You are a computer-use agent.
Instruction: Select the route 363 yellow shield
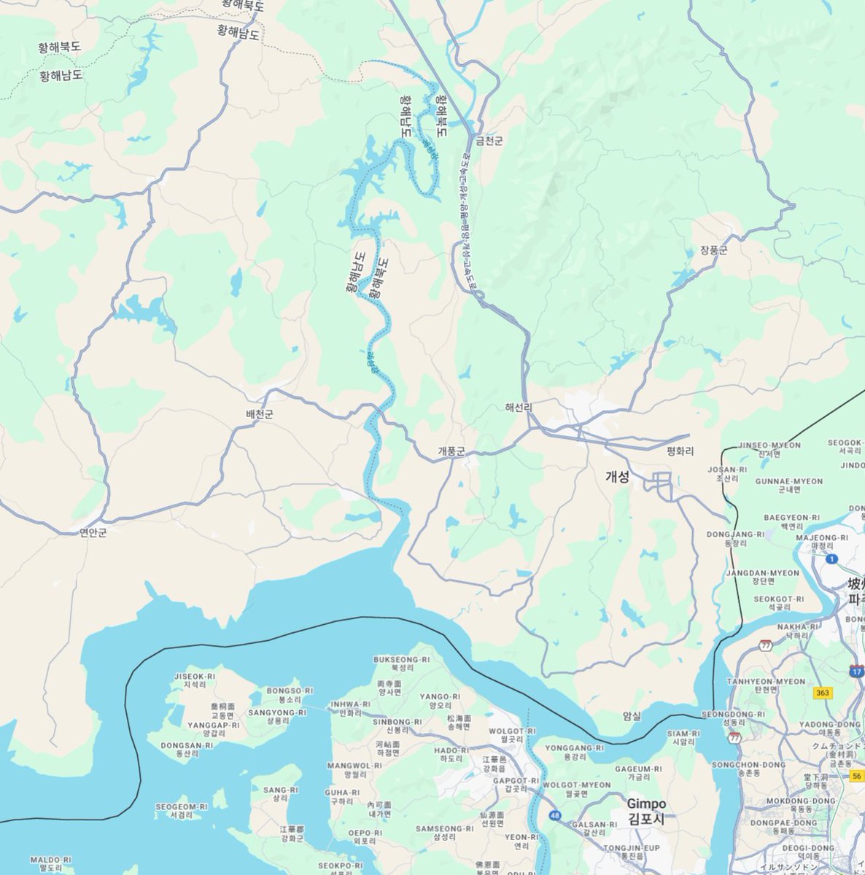click(x=823, y=693)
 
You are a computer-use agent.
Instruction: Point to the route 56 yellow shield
click(x=857, y=776)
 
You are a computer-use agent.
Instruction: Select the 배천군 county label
click(x=259, y=414)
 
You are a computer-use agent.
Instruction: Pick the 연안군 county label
click(x=93, y=533)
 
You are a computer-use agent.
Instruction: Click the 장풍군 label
click(x=713, y=250)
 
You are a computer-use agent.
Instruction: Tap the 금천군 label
click(x=489, y=141)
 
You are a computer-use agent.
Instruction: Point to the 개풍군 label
click(x=451, y=451)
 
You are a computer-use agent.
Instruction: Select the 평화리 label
click(x=680, y=451)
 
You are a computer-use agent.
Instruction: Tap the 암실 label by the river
click(x=632, y=716)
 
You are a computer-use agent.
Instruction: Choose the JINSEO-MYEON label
click(x=769, y=445)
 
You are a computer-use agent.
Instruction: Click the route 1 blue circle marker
click(x=832, y=559)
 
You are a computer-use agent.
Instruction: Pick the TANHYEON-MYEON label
click(x=766, y=681)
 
